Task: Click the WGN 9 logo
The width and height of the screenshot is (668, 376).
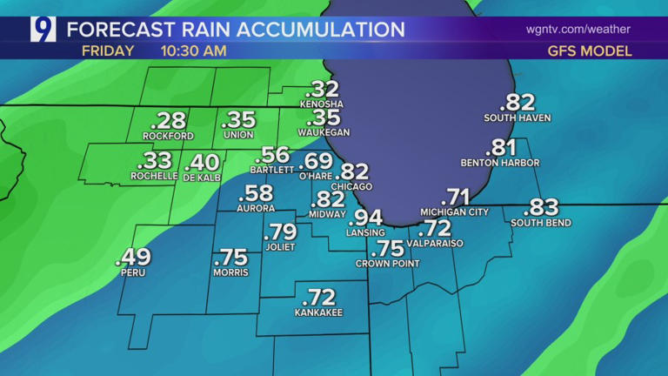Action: click(43, 30)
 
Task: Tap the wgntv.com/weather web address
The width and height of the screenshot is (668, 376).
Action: click(578, 30)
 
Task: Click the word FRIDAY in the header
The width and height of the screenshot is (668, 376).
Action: click(108, 50)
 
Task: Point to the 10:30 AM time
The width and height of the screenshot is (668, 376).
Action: click(193, 50)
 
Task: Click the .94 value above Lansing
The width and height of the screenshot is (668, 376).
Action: click(366, 217)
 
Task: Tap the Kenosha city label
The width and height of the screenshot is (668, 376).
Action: click(322, 104)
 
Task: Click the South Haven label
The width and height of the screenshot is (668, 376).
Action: click(518, 117)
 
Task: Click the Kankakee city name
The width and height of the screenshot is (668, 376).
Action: click(318, 312)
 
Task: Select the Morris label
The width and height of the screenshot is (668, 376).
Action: click(230, 272)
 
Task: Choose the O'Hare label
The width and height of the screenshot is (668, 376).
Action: click(317, 174)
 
